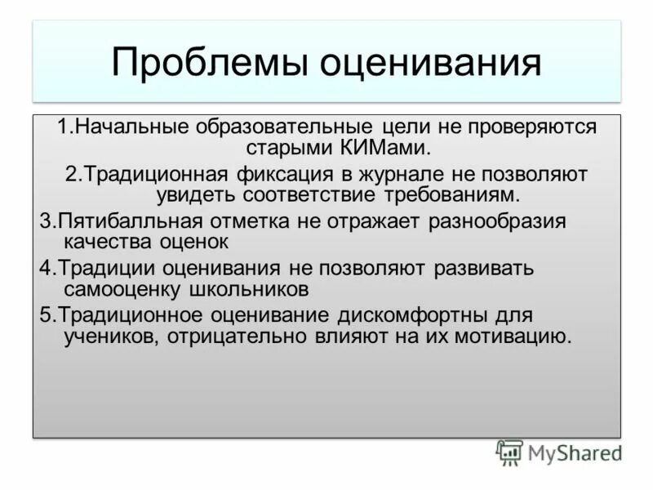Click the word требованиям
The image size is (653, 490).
pyautogui.click(x=448, y=195)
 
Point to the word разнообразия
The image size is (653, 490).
pyautogui.click(x=498, y=221)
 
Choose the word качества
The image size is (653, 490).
pyautogui.click(x=102, y=243)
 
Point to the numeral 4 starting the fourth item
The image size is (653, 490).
pyautogui.click(x=44, y=269)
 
